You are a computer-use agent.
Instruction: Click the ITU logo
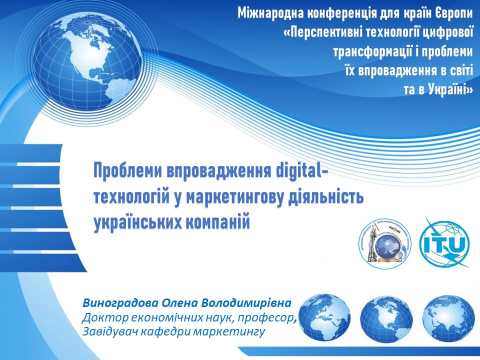pos(445,242)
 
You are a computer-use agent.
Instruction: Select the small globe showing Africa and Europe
pos(324,316)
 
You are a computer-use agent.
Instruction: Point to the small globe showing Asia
pos(448,316)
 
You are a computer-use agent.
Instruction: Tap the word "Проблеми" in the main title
pos(127,170)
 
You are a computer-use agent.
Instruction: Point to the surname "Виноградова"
pos(120,303)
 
